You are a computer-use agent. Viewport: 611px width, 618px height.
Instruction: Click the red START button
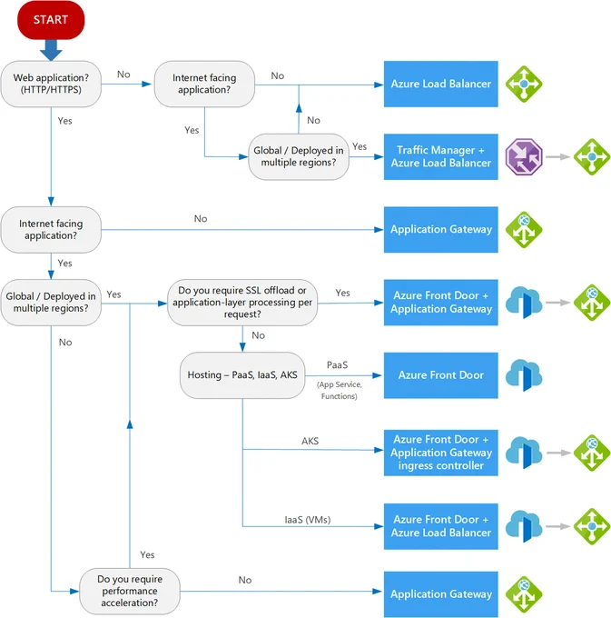coord(51,20)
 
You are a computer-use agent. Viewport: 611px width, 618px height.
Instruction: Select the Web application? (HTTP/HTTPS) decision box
coord(51,84)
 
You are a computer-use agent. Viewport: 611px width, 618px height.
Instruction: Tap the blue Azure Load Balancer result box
coord(441,84)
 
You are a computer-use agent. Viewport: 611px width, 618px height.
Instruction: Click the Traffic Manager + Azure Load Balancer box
coord(441,157)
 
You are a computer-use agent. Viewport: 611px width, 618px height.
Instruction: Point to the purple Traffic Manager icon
coord(524,157)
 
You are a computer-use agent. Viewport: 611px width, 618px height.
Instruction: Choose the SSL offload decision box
coord(242,303)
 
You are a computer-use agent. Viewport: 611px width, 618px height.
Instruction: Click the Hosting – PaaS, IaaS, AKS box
coord(242,375)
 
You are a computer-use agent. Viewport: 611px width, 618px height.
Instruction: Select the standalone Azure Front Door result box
coord(441,375)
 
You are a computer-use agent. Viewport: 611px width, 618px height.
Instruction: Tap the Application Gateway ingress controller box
coord(441,453)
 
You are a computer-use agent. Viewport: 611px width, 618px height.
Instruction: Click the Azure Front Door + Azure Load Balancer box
coord(441,526)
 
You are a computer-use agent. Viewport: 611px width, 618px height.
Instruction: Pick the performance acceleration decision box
coord(130,592)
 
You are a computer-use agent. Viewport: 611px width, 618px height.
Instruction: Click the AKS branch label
coord(310,441)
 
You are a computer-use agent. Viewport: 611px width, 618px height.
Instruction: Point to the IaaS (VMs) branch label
coord(308,520)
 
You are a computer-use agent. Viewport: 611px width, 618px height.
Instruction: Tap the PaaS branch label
coord(338,365)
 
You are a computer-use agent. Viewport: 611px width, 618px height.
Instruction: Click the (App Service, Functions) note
coord(339,390)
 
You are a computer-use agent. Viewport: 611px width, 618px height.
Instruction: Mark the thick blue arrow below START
coord(51,50)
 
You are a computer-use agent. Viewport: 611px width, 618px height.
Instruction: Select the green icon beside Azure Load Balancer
coord(524,84)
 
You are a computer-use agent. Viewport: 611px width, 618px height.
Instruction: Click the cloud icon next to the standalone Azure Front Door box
coord(524,375)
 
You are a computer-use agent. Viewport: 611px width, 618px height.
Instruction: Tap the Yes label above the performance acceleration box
coord(147,555)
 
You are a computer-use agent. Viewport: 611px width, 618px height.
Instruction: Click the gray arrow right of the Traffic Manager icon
coord(558,157)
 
